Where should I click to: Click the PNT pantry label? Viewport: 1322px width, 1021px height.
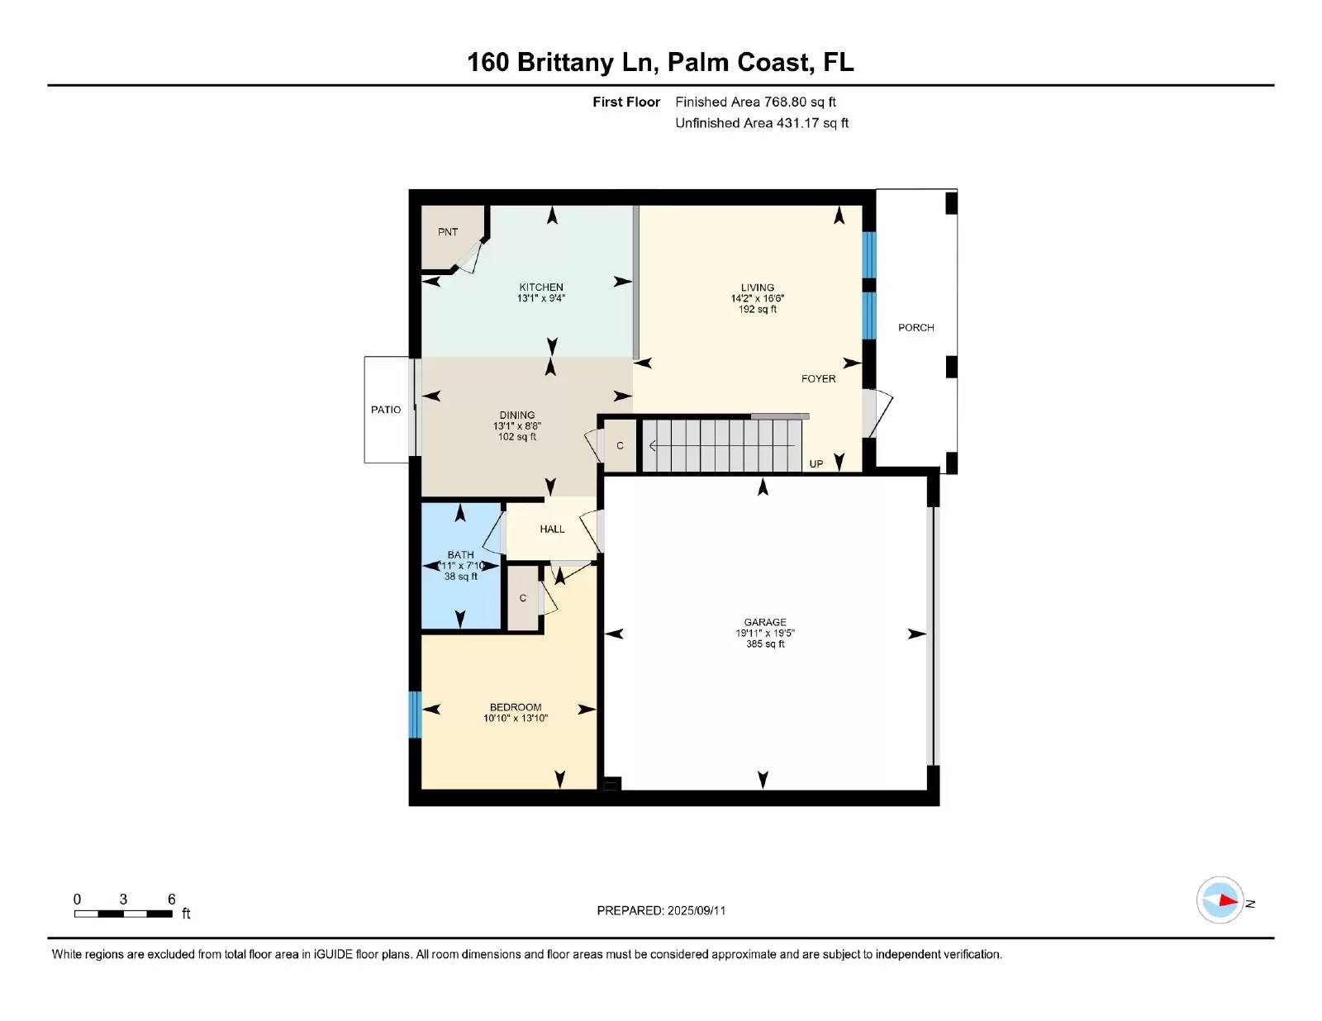448,231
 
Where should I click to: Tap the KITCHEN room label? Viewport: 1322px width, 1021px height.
541,287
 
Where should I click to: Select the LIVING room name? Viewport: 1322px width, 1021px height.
758,287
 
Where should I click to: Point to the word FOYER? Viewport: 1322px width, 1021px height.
818,379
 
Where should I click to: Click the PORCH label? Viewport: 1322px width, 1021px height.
915,328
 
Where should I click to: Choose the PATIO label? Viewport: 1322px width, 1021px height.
386,410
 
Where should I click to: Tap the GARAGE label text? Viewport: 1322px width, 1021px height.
765,622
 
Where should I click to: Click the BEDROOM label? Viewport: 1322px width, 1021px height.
516,707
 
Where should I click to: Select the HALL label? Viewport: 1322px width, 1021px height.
552,529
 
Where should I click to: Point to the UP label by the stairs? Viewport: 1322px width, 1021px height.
816,464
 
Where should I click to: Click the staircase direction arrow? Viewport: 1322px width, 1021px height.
721,446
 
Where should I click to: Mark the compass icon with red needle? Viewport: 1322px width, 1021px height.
1220,900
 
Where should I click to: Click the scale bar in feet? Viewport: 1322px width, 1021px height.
123,914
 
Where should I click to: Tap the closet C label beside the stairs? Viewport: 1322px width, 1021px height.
620,446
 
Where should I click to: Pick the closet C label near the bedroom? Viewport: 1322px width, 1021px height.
522,598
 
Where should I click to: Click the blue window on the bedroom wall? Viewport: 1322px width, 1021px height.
414,715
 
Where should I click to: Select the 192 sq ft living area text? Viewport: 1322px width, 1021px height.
758,310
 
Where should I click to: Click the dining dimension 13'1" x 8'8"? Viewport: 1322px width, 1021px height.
517,426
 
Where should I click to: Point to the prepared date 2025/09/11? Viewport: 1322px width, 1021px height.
697,910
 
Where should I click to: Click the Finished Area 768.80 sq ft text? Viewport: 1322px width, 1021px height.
755,102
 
